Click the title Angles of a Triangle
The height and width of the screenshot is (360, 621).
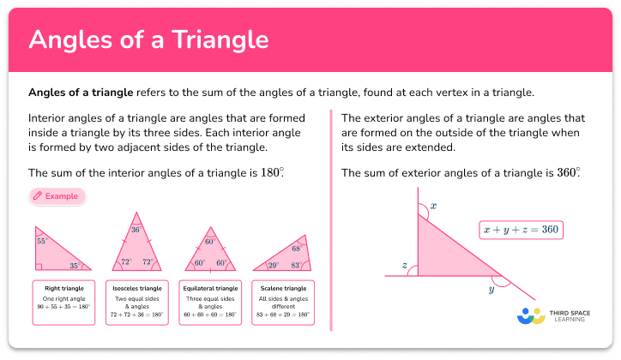click(x=149, y=39)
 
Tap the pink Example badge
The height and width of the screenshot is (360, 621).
click(x=57, y=196)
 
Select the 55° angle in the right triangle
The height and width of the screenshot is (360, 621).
click(x=41, y=242)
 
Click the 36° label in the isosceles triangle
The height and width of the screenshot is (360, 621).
click(x=136, y=230)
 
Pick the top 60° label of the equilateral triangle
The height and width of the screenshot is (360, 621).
click(x=209, y=243)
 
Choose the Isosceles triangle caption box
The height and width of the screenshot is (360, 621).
click(x=136, y=302)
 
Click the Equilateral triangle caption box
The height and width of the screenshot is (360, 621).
click(x=209, y=302)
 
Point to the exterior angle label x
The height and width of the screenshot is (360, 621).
click(x=433, y=206)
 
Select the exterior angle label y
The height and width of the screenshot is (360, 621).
click(x=491, y=289)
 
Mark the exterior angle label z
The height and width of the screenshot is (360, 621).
click(x=403, y=265)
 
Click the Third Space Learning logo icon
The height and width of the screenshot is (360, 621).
click(x=532, y=316)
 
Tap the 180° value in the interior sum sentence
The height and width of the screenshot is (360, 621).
click(x=272, y=172)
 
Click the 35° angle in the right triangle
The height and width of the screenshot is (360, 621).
click(x=75, y=266)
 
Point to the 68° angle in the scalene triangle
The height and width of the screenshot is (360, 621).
click(x=296, y=249)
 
